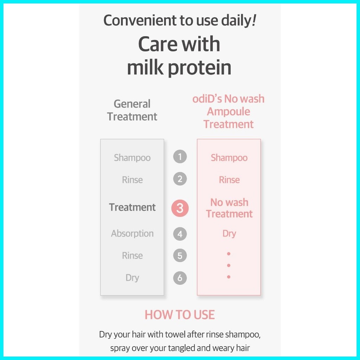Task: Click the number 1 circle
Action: (180, 156)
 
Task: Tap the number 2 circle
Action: (180, 179)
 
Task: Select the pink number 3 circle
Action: (180, 208)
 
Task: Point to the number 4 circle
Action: (180, 234)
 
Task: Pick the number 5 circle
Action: (180, 256)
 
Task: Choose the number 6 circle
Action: (180, 278)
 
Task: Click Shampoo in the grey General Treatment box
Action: (132, 158)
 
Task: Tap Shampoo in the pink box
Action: (229, 158)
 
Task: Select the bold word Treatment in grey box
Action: (132, 207)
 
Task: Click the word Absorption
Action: (132, 234)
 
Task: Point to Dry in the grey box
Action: (132, 278)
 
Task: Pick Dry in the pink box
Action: (229, 234)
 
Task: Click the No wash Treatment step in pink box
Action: (229, 208)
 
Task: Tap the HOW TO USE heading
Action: (180, 315)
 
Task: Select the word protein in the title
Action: (200, 68)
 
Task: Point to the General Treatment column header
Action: (132, 110)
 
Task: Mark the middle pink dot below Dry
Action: (229, 265)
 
